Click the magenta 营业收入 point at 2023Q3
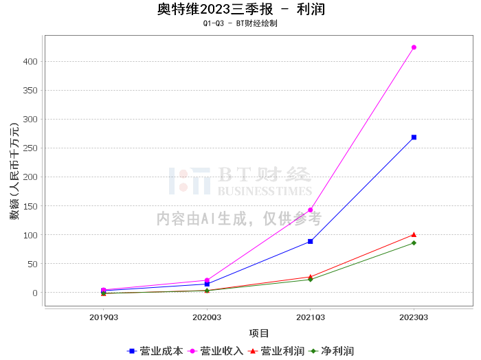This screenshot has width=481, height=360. (414, 47)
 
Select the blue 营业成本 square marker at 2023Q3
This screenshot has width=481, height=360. (414, 137)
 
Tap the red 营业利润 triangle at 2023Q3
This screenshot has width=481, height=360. (414, 235)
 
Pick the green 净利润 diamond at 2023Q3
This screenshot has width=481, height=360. (414, 243)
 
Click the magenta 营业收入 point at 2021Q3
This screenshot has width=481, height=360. (311, 210)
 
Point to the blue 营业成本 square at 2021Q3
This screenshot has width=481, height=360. (311, 241)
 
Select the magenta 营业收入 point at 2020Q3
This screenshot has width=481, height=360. (207, 280)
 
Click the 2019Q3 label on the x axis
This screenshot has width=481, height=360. (104, 317)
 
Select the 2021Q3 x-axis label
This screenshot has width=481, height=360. (311, 317)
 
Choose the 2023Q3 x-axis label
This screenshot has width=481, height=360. (414, 317)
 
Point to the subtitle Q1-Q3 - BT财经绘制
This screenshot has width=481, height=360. (240, 23)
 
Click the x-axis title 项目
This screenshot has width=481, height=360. (259, 333)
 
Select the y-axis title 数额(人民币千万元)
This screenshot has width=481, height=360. (14, 171)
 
